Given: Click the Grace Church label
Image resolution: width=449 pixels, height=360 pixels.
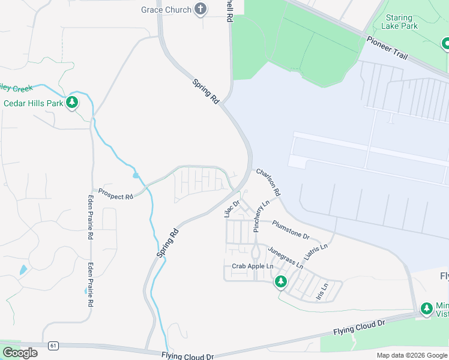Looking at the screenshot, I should coord(166,10).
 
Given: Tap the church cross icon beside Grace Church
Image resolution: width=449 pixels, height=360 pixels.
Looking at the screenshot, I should coord(200,9).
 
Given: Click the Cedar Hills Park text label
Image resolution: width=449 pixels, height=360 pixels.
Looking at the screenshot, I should coord(34,103).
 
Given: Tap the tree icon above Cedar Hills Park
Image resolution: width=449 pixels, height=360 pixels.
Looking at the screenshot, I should coord(72,103).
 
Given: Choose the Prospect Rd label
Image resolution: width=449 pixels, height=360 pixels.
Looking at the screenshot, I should coord(115,196).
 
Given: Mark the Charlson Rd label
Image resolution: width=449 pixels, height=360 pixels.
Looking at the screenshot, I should coord(268,182).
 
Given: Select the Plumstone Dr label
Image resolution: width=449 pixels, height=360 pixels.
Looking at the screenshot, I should coord(291,229).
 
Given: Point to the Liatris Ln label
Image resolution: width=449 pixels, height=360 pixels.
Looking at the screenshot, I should coord(316,254).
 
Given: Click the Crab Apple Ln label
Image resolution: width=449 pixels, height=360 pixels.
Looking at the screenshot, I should coord(252,266).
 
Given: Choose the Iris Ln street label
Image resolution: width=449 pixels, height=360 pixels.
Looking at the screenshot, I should coord(322,291).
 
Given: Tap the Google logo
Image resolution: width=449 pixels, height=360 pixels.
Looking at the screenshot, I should coord(20,353).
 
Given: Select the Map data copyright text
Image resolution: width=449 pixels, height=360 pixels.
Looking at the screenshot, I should coord(411,355).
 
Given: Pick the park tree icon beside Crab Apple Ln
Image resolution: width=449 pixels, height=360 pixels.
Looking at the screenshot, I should coord(280,281).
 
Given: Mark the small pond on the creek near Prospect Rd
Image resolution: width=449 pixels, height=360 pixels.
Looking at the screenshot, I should coord(136,176).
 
